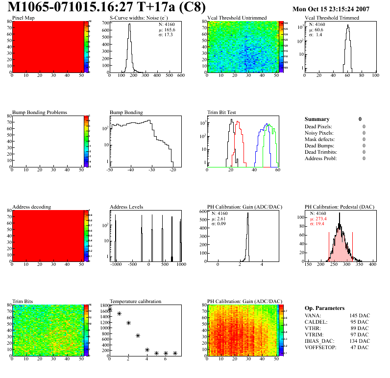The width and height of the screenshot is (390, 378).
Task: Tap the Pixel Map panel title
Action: (x=24, y=18)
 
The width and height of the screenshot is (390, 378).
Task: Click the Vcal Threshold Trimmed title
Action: (x=332, y=18)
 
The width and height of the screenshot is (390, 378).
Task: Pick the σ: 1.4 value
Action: (x=316, y=35)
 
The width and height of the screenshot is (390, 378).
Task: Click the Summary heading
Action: (x=317, y=119)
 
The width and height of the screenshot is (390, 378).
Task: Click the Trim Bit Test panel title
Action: (x=222, y=113)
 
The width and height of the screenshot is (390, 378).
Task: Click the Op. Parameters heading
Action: (x=324, y=308)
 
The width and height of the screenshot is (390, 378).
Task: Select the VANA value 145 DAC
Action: (x=360, y=315)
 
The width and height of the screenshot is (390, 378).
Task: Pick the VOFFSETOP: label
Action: (x=320, y=347)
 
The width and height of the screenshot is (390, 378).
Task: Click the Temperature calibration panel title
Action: (x=135, y=302)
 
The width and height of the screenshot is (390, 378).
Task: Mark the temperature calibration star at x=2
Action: (x=128, y=323)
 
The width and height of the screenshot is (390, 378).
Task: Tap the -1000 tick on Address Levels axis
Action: (x=116, y=264)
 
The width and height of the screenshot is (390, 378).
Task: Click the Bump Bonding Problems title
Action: (x=39, y=113)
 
